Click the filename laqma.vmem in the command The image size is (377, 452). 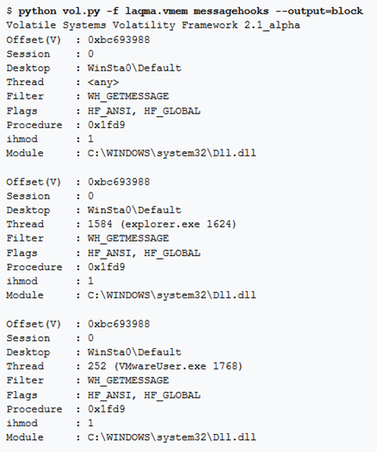[x=156, y=11]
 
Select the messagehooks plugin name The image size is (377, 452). [x=231, y=11]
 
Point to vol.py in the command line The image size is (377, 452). [x=81, y=11]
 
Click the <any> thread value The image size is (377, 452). [x=103, y=82]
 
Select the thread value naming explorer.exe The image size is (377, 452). [x=162, y=224]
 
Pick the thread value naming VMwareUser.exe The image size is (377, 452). [x=165, y=366]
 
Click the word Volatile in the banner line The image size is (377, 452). [x=31, y=25]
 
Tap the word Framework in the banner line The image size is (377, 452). [x=209, y=25]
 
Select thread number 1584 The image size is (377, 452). [x=100, y=224]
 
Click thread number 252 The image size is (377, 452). [x=97, y=366]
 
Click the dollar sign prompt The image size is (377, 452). [x=9, y=11]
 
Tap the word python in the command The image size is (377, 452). [x=37, y=11]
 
